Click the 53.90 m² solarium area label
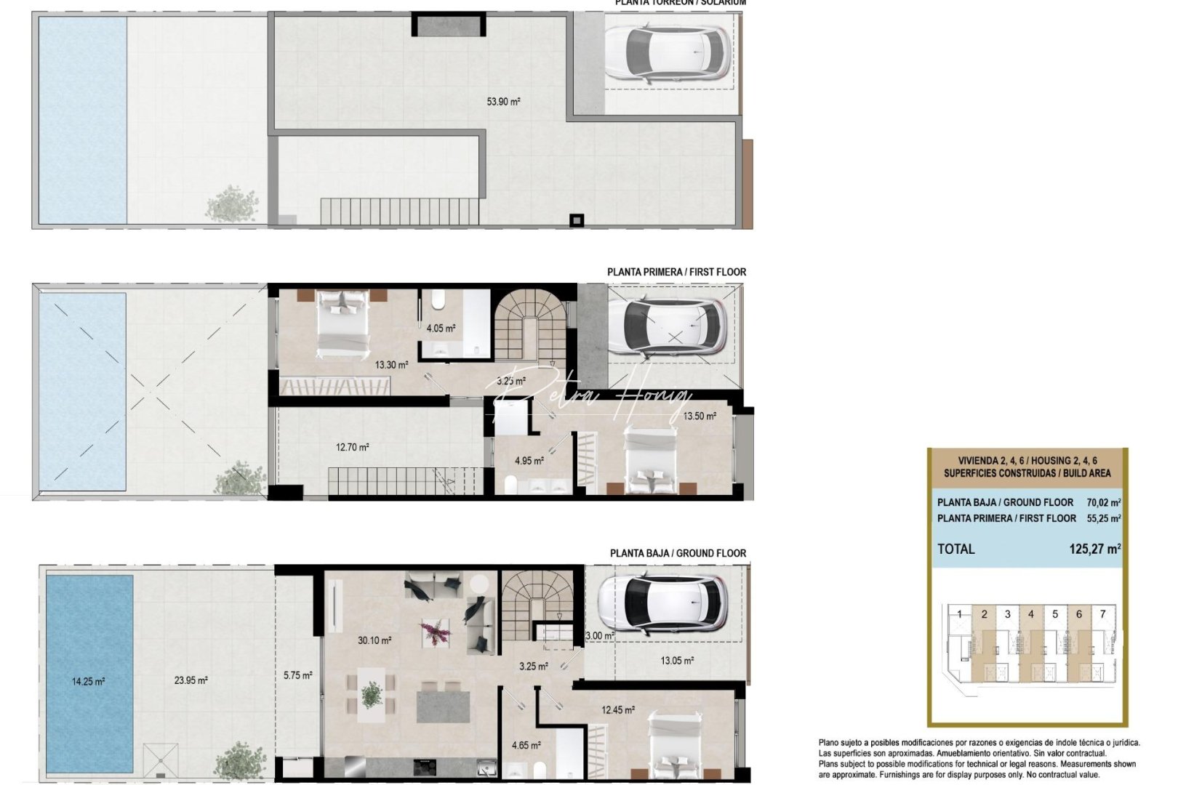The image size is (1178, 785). point(503,102)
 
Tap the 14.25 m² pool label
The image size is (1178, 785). point(88,681)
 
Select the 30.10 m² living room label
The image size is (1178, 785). point(374,640)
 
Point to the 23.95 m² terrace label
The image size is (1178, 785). point(191,680)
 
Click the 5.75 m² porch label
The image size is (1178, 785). point(297,675)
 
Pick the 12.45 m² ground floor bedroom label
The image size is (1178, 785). point(617,710)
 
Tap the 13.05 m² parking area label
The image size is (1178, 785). point(676,661)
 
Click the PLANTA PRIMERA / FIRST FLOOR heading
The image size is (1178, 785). point(676,272)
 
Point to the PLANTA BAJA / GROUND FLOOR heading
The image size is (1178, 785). point(678,553)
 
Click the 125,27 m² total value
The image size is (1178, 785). point(1094,549)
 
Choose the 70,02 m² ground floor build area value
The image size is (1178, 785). point(1103,502)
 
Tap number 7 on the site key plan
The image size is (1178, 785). point(1102,614)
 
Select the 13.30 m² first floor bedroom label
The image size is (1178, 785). point(391,365)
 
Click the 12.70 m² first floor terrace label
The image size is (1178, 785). point(352,447)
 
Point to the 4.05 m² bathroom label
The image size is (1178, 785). point(441,328)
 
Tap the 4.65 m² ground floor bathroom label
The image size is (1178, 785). point(526,745)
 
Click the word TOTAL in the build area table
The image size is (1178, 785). point(955,549)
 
